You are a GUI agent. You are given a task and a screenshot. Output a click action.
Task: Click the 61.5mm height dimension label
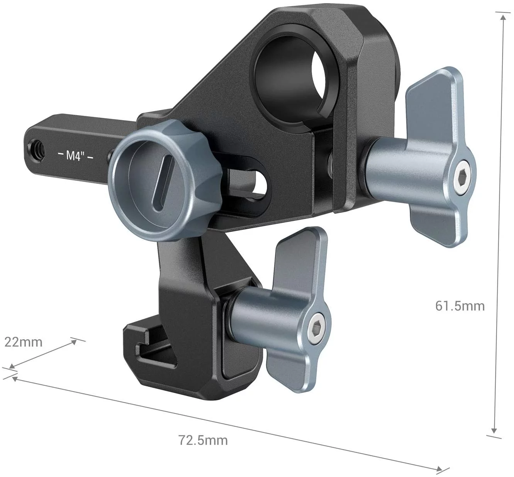point(460,306)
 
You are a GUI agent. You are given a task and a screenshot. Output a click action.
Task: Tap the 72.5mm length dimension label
point(203,440)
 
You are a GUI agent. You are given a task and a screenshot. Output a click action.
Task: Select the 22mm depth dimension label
point(23,341)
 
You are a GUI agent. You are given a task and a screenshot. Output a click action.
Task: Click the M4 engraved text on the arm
point(75,156)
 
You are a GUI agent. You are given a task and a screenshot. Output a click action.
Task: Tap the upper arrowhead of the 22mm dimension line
point(73,341)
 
